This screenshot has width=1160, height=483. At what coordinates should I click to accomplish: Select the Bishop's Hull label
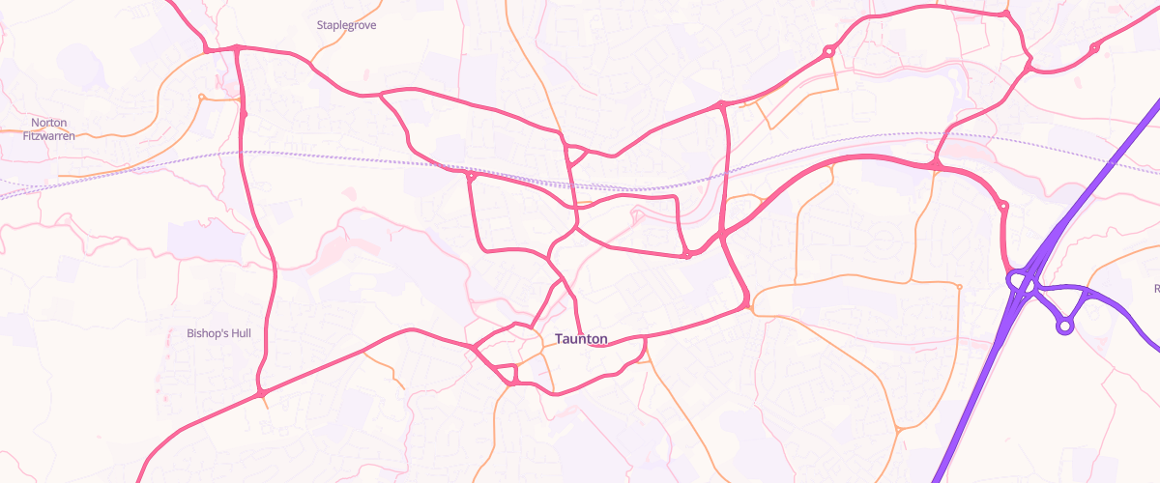(x=218, y=333)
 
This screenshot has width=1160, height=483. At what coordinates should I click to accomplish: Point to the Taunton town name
(x=582, y=339)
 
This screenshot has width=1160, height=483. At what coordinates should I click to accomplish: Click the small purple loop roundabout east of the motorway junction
(x=1064, y=327)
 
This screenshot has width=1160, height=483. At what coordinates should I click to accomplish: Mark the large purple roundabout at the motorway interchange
(x=1022, y=282)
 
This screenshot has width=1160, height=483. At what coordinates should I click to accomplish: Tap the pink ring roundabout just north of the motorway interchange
(x=1002, y=206)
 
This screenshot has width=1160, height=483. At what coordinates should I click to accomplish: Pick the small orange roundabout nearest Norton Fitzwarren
(x=201, y=97)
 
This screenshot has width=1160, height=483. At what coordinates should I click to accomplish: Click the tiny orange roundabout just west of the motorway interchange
(x=959, y=286)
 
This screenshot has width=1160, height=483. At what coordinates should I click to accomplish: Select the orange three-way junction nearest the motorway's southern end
(x=898, y=428)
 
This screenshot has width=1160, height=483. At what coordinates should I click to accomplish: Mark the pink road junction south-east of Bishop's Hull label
(x=261, y=393)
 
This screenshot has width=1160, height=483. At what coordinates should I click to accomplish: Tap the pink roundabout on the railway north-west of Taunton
(x=471, y=177)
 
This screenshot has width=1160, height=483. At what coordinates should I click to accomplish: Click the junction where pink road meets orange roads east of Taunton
(x=749, y=308)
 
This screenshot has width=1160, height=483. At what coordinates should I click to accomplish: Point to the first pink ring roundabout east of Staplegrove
(x=828, y=51)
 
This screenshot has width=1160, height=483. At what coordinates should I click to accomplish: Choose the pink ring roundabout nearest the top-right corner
(x=1094, y=47)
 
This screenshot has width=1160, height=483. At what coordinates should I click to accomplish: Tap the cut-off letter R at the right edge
(x=1156, y=288)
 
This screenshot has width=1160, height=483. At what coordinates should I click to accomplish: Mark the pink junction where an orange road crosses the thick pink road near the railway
(x=936, y=167)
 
